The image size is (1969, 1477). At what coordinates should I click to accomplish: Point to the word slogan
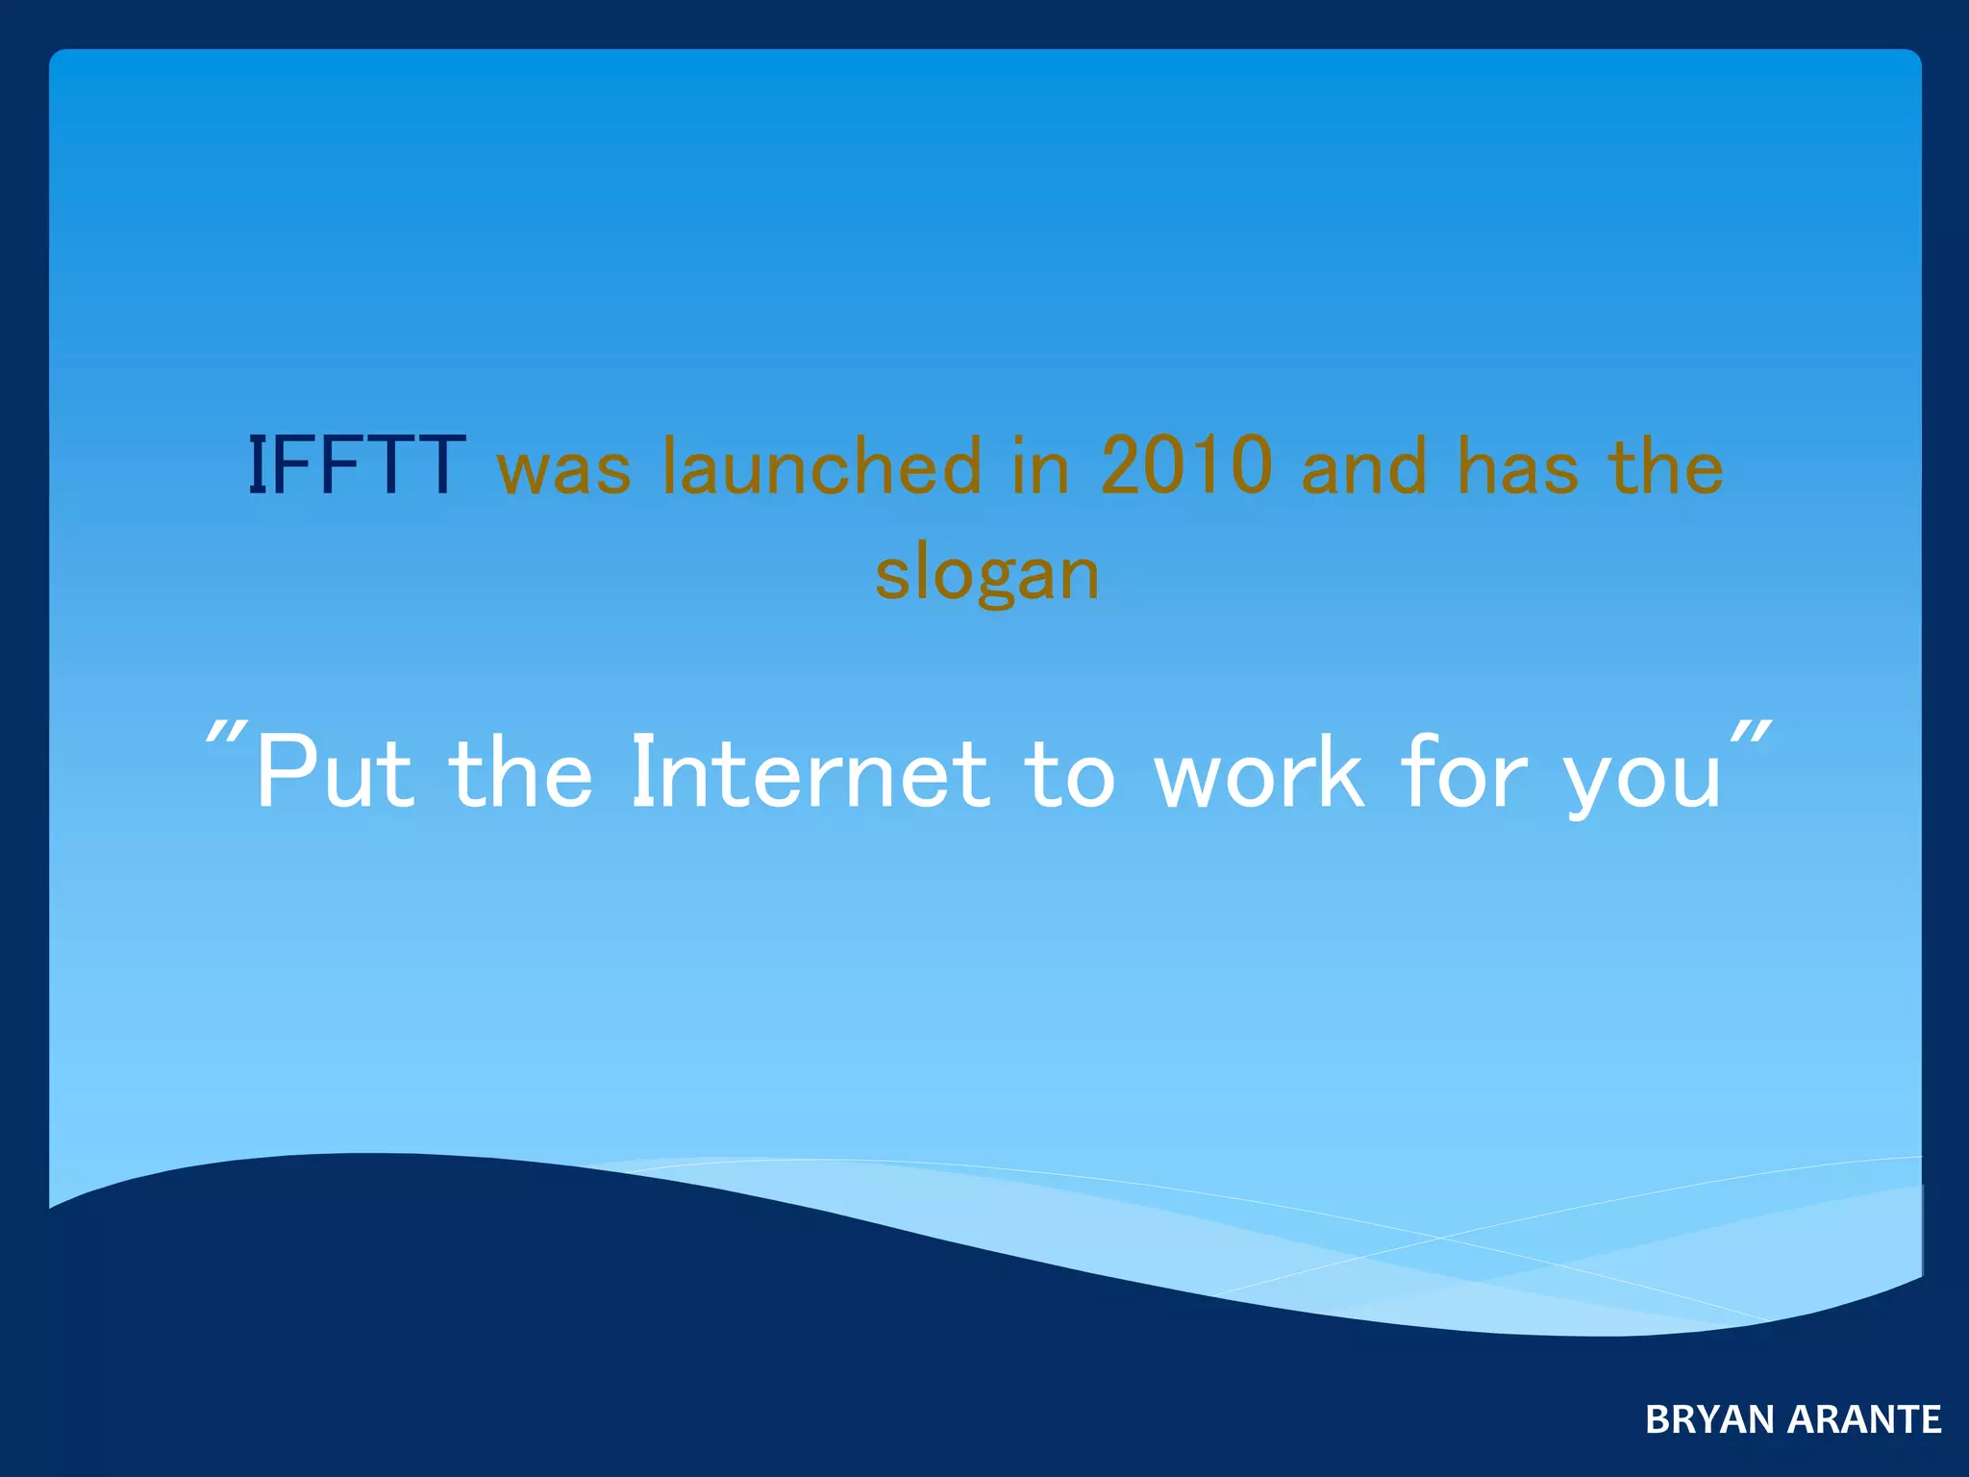(x=987, y=575)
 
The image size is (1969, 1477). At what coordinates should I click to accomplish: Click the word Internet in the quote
(x=810, y=772)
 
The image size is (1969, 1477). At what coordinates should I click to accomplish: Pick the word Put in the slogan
(x=336, y=772)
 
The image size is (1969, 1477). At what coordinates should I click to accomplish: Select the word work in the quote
(x=1259, y=772)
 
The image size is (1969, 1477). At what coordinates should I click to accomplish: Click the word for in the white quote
(x=1463, y=772)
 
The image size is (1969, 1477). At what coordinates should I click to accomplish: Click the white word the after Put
(x=521, y=772)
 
